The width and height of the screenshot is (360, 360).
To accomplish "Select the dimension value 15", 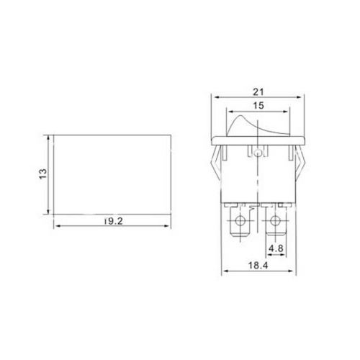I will (x=258, y=105).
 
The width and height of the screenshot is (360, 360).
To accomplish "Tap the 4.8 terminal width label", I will (x=274, y=250).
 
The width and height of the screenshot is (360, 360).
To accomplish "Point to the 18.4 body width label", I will (x=257, y=266).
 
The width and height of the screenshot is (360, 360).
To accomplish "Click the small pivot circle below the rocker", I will (x=258, y=153).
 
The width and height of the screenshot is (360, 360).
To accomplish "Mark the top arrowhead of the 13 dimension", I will (x=49, y=138).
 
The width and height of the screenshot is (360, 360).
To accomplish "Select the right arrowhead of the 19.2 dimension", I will (x=171, y=228).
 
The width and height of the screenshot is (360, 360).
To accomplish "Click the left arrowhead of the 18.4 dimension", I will (x=223, y=271).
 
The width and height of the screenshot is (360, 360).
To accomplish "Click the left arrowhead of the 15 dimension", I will (x=230, y=112).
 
